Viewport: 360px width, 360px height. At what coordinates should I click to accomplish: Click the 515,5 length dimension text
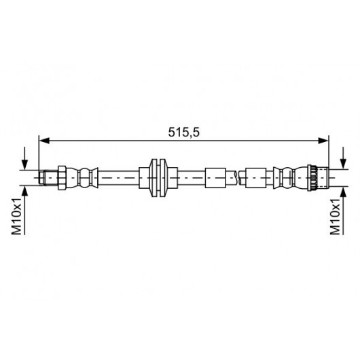[x=183, y=132]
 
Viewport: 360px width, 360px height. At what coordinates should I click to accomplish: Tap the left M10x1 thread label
[x=16, y=216]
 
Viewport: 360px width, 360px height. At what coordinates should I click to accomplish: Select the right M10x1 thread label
[x=335, y=217]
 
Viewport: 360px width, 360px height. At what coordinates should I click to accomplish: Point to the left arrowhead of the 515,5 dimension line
[x=44, y=141]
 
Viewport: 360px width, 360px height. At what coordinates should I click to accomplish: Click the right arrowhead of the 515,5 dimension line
[x=323, y=141]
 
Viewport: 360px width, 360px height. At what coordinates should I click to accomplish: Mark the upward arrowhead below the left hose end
[x=24, y=192]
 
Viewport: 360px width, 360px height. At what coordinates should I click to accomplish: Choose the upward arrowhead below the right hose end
[x=343, y=192]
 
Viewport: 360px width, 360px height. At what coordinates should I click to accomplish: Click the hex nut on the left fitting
[x=62, y=178]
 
